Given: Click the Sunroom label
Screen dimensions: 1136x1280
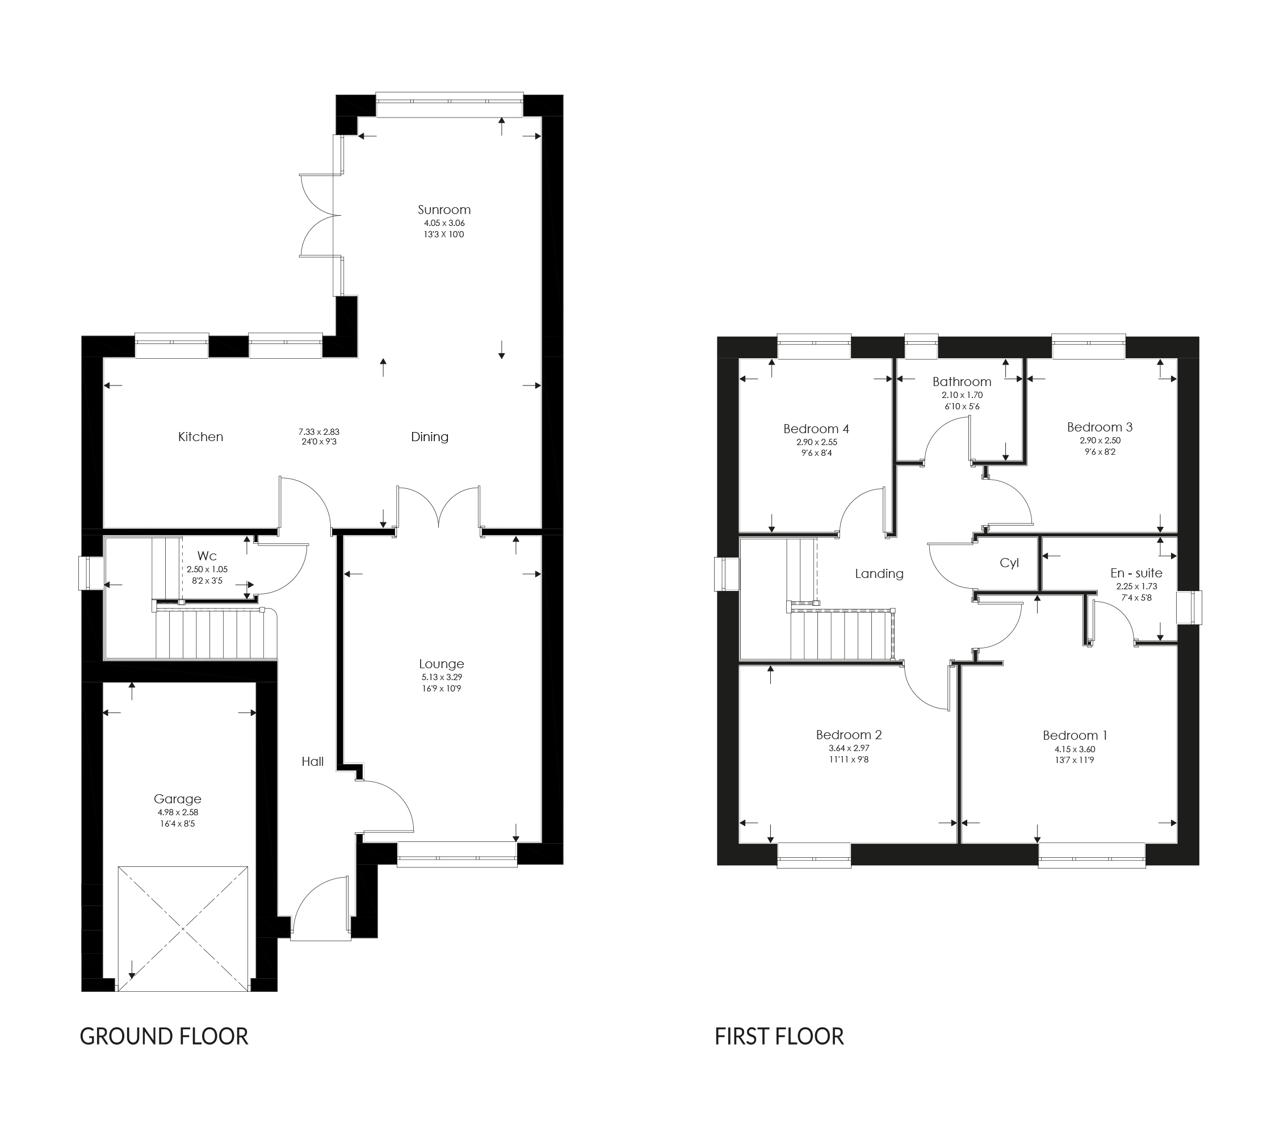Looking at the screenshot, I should pos(444,210).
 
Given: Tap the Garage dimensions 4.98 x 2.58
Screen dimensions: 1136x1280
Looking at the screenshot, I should pos(178,812).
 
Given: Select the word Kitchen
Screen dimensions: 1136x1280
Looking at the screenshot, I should pos(200,437).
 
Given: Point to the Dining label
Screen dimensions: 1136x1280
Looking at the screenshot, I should pos(430,437).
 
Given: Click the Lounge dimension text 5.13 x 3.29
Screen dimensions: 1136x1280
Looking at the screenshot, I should pos(442,677).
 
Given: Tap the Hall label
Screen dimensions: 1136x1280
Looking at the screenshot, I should pos(313,761).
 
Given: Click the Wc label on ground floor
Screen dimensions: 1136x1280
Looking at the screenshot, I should pos(207,556).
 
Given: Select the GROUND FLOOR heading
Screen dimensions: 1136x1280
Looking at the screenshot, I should pos(164,1037).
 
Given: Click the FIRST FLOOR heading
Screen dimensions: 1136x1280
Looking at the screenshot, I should pos(779,1037).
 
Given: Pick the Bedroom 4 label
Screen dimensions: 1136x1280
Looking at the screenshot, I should pos(816,429).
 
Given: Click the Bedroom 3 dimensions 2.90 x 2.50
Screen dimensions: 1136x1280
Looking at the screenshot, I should pos(1099,440).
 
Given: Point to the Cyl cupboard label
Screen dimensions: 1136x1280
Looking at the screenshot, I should pos(1009,563).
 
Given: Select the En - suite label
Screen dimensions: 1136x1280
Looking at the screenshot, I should pos(1136,573).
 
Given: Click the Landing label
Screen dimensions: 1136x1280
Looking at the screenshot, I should pos(879,573).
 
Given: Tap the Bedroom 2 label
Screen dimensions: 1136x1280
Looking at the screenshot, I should pos(849,735).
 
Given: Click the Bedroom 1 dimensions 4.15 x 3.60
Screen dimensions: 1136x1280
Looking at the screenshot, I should pos(1075,749).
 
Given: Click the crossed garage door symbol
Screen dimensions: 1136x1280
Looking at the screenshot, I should pos(183,929).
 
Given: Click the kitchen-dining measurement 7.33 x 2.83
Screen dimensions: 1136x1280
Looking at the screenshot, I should pos(319,431).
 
